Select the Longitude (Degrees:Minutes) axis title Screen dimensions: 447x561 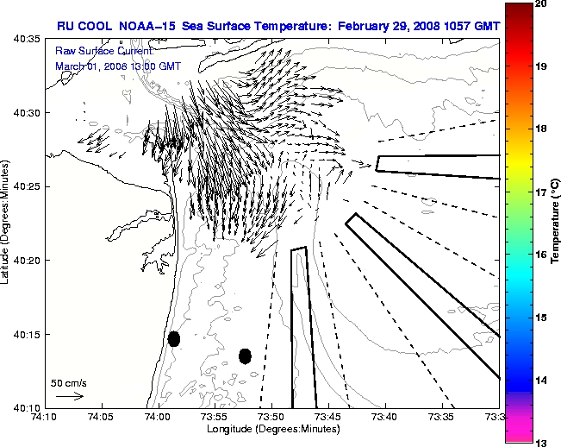coord(271,430)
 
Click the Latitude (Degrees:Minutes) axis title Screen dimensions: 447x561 coord(6,223)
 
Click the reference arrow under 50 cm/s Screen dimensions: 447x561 coord(69,396)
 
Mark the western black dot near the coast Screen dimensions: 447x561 coord(174,338)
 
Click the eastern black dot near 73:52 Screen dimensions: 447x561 coord(245,356)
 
